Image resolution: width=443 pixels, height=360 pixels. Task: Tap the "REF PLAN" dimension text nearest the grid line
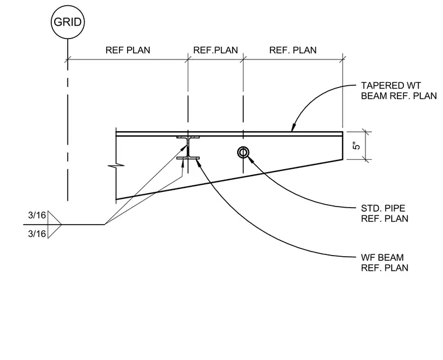point(128,50)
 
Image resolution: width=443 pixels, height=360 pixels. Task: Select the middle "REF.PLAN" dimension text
point(216,50)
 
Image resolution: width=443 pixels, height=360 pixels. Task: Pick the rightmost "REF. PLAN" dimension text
point(293,50)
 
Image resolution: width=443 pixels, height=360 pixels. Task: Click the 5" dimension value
point(357,146)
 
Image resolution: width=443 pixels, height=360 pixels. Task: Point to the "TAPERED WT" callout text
point(391,85)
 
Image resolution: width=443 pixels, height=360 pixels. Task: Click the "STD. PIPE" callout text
point(383,208)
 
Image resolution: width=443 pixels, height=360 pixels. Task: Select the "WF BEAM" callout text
point(382,257)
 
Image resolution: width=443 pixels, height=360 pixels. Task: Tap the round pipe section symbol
point(243,152)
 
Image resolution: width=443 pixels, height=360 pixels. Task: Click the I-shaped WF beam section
point(188,148)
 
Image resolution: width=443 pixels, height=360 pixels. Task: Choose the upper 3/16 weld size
point(37,215)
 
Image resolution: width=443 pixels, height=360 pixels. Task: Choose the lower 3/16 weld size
point(37,234)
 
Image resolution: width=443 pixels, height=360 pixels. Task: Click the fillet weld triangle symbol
point(54,225)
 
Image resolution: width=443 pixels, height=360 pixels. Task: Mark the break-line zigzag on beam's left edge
point(116,165)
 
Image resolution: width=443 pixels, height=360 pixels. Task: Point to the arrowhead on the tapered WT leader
point(294,128)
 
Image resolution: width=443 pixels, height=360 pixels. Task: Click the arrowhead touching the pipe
point(250,158)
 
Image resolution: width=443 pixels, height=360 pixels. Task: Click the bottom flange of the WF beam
point(188,158)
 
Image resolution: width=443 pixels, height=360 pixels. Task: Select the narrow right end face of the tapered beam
point(343,146)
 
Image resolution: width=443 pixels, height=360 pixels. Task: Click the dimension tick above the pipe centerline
point(244,60)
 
